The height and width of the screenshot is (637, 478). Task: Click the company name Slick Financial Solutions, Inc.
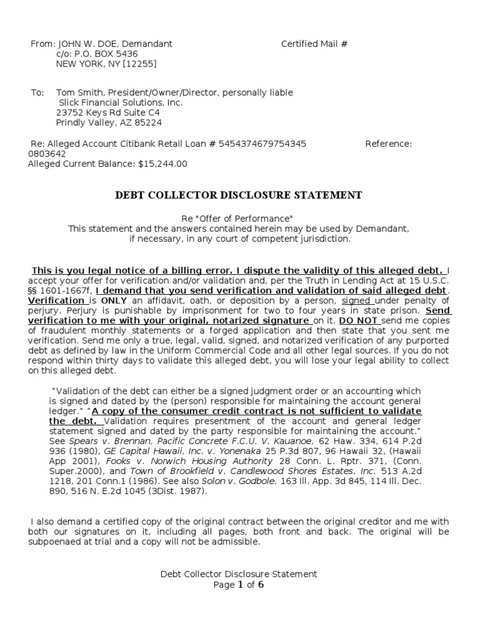[x=121, y=103]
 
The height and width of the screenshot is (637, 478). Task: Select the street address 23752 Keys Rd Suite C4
[x=108, y=113]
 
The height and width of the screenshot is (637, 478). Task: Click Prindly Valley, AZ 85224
[x=109, y=123]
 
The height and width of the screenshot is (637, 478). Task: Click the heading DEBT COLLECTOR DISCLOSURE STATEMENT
[x=238, y=195]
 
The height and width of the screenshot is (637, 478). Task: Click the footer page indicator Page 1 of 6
[x=239, y=585]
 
